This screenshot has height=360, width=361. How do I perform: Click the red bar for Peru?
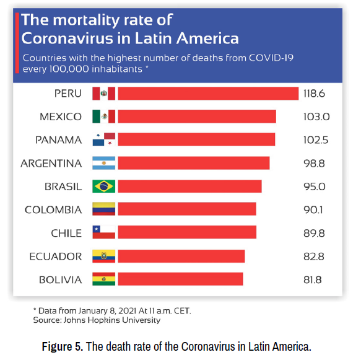click(208, 94)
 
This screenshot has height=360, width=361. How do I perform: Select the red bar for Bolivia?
click(180, 279)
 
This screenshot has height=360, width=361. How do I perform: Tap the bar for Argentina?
click(193, 163)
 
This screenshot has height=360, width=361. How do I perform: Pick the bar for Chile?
click(186, 232)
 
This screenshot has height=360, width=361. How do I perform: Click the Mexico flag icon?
click(103, 116)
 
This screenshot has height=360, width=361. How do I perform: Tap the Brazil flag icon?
click(103, 187)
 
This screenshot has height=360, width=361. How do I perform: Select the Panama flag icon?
click(103, 140)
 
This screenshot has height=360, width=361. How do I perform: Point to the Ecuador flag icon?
click(103, 256)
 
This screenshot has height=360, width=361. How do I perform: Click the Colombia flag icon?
click(103, 209)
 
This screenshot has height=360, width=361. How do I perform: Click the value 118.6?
click(315, 94)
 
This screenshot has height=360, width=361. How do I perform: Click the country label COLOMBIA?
click(53, 210)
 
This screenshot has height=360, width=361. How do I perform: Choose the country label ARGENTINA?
click(51, 164)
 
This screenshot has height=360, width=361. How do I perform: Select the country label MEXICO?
click(60, 117)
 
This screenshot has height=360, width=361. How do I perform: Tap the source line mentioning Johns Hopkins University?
click(97, 320)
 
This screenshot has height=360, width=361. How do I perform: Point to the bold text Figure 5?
click(62, 346)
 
